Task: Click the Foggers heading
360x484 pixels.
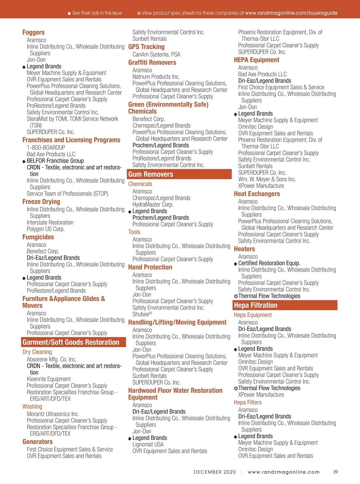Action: tap(33, 32)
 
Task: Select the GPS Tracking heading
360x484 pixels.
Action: tap(146, 47)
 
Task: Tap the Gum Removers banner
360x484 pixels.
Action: tap(179, 174)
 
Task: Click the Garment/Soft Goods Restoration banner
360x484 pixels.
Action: tap(73, 342)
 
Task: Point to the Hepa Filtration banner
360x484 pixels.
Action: tap(285, 305)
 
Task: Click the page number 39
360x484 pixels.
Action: tap(335, 472)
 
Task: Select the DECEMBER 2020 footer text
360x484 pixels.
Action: tap(215, 472)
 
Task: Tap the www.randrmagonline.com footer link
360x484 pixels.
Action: tap(283, 472)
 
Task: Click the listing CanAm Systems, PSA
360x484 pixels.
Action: tap(156, 55)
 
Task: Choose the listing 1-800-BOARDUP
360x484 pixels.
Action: tap(46, 148)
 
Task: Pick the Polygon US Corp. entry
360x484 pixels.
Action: tap(46, 229)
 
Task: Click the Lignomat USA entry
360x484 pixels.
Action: tap(148, 445)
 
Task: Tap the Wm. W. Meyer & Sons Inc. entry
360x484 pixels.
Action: tap(267, 179)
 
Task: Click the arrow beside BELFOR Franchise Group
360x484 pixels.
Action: tap(24, 161)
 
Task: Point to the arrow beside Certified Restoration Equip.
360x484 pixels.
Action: tap(235, 264)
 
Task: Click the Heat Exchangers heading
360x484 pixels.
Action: tap(257, 194)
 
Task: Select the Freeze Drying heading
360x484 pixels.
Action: tap(41, 202)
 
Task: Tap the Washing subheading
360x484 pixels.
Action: tap(32, 407)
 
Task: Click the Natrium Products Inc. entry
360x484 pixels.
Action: tap(156, 77)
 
